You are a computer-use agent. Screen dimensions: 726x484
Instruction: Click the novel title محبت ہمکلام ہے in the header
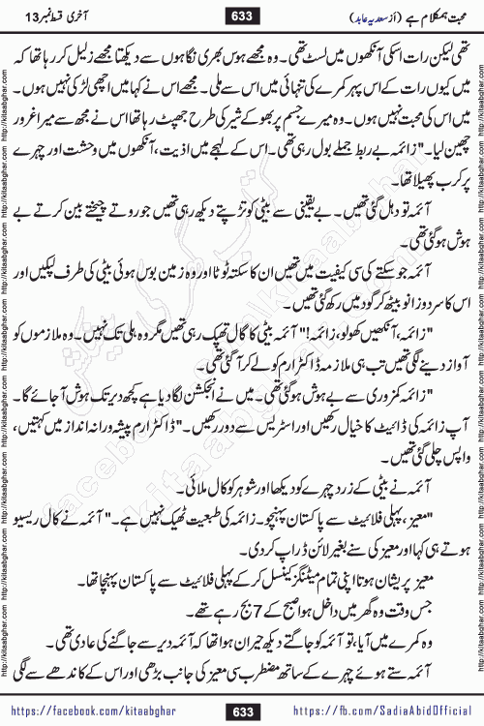432,15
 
